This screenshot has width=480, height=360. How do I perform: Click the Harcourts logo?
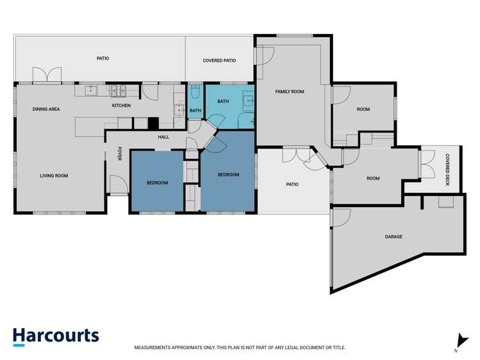pyautogui.click(x=56, y=337)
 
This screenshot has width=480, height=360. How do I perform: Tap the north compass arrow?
pyautogui.click(x=461, y=341)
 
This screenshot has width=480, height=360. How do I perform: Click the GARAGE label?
pyautogui.click(x=393, y=236)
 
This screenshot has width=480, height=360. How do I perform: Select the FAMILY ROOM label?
pyautogui.click(x=290, y=92)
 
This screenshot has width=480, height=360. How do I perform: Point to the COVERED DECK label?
pyautogui.click(x=447, y=170)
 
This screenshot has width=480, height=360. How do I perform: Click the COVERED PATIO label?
pyautogui.click(x=219, y=61)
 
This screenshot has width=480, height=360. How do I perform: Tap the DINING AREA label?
pyautogui.click(x=46, y=109)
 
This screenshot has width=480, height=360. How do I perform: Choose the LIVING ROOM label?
pyautogui.click(x=54, y=176)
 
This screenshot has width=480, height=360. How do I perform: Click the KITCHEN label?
pyautogui.click(x=121, y=106)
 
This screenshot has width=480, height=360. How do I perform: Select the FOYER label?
pyautogui.click(x=120, y=154)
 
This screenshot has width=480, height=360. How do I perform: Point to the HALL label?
pyautogui.click(x=163, y=137)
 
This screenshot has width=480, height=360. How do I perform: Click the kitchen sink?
pyautogui.click(x=91, y=91)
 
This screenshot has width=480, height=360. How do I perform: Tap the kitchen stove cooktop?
pyautogui.click(x=118, y=90)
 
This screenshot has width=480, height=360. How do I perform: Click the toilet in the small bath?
pyautogui.click(x=195, y=92)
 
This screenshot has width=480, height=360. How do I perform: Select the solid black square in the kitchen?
pyautogui.click(x=153, y=123)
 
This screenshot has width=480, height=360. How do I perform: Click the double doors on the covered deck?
pyautogui.click(x=428, y=163)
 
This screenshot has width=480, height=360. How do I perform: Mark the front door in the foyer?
pyautogui.click(x=119, y=184)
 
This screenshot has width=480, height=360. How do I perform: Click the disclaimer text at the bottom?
pyautogui.click(x=240, y=347)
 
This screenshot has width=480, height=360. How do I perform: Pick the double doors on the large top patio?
pyautogui.click(x=47, y=75)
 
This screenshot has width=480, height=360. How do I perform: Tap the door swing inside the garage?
pyautogui.click(x=341, y=218)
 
